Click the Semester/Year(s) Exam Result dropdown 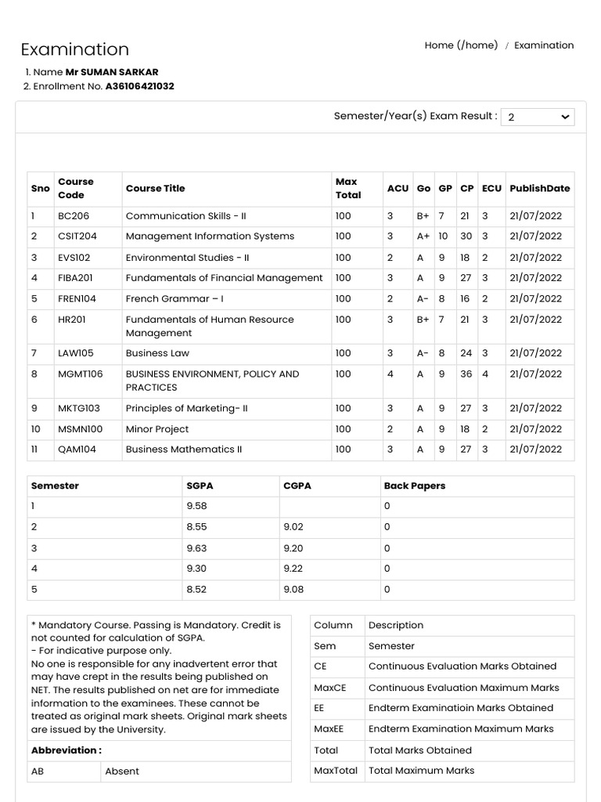pyautogui.click(x=537, y=117)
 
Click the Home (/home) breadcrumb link pyautogui.click(x=461, y=45)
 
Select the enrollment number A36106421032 pyautogui.click(x=140, y=87)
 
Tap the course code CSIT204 pyautogui.click(x=77, y=237)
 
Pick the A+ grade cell pyautogui.click(x=423, y=237)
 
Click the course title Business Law pyautogui.click(x=157, y=353)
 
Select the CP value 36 pyautogui.click(x=466, y=374)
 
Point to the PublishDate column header pyautogui.click(x=539, y=189)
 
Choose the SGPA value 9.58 pyautogui.click(x=196, y=507)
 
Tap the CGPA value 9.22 pyautogui.click(x=293, y=569)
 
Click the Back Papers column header pyautogui.click(x=414, y=486)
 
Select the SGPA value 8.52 pyautogui.click(x=196, y=590)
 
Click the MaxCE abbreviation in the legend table pyautogui.click(x=329, y=688)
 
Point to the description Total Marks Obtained pyautogui.click(x=419, y=750)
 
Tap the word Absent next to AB pyautogui.click(x=122, y=771)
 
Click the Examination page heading pyautogui.click(x=75, y=49)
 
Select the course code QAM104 pyautogui.click(x=77, y=450)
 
